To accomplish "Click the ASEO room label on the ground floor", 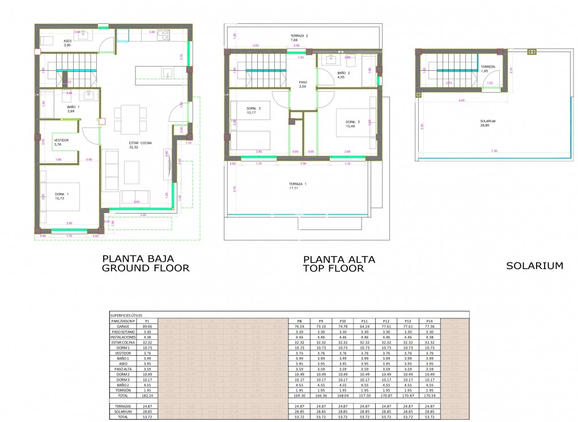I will (67, 40).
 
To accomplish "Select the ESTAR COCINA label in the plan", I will (138, 143).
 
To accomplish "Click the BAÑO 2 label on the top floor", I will (344, 73).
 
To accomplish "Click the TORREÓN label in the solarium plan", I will (488, 67).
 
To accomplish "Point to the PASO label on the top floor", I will (303, 82).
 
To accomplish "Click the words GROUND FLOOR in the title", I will (145, 268).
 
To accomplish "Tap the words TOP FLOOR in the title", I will (333, 268).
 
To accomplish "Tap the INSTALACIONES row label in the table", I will (123, 338).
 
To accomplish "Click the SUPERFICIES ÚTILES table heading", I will (126, 314).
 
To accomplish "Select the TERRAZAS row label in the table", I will (123, 406).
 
